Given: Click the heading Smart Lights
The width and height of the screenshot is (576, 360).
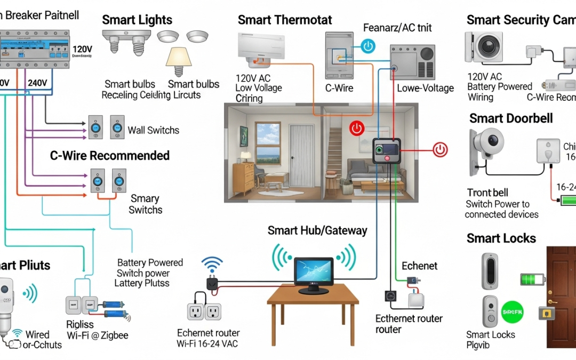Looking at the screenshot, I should pos(137,20).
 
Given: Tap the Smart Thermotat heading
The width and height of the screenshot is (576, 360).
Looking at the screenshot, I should pos(285,20).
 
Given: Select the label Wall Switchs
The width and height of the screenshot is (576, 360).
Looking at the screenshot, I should pos(154,130).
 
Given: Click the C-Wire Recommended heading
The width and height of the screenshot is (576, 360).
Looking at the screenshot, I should pos(110,156).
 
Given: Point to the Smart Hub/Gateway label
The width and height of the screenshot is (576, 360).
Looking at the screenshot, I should pos(317,230).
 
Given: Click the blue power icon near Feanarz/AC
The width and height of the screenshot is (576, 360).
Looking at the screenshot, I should pos(368,46).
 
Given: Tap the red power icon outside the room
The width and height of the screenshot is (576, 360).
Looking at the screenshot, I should pos(441,149).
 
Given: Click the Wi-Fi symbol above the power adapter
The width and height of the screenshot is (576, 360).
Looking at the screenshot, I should pos(212,263).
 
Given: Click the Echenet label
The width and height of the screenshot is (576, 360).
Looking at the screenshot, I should pos(419,266).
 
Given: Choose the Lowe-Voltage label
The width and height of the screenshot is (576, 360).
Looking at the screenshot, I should pos(425,89).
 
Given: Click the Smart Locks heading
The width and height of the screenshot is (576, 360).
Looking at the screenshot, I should pos(501,238).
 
